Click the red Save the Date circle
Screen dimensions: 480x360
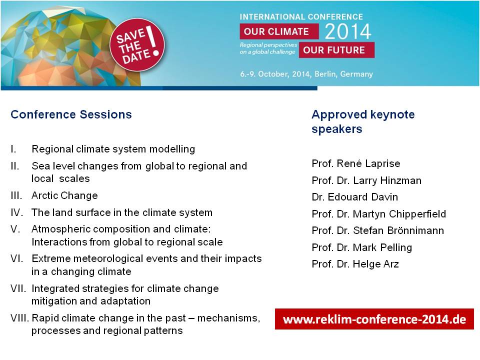[x=137, y=45]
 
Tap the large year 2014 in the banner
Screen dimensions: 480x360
[x=348, y=31]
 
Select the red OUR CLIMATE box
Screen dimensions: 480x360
[x=279, y=31]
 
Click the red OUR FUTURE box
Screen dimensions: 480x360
[x=336, y=50]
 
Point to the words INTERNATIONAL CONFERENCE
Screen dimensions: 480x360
[x=301, y=17]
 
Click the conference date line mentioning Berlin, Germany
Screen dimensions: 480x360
[x=306, y=74]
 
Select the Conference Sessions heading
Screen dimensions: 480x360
[x=71, y=114]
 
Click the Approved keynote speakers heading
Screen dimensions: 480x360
[x=363, y=121]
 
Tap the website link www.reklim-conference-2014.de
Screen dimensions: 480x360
[x=374, y=319]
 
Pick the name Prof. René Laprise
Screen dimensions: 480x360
[x=355, y=163]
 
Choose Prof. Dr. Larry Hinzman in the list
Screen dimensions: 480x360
[x=366, y=180]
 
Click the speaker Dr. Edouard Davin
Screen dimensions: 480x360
[x=355, y=197]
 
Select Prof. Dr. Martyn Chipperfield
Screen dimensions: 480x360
[x=378, y=213]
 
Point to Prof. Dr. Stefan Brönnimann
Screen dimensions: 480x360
[x=378, y=230]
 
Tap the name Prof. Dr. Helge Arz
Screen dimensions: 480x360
[x=355, y=264]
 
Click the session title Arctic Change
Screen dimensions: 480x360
[x=64, y=195]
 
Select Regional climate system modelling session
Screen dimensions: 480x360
[x=113, y=149]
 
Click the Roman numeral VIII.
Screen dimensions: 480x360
[x=19, y=318]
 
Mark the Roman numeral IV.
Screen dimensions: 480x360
[x=17, y=212]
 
